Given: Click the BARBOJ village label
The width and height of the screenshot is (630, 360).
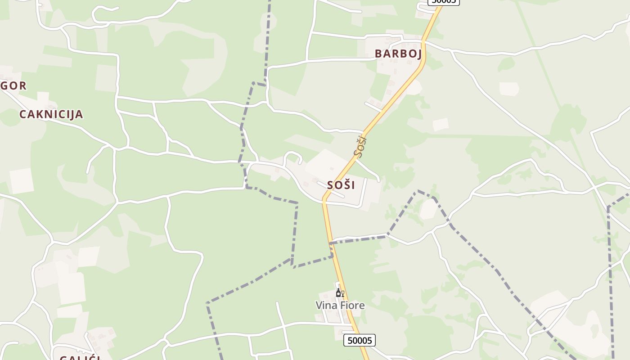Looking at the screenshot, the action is tap(398, 54).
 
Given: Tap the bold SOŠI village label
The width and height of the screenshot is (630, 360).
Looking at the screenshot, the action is tap(341, 185).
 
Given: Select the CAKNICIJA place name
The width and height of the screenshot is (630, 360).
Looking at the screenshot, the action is tap(51, 114).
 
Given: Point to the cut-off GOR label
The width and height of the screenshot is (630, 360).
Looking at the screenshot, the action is tap(13, 85).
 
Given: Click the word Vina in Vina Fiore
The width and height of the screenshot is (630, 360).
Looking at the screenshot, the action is tap(325, 306).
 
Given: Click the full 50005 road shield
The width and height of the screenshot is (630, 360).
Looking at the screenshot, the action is tap(360, 340).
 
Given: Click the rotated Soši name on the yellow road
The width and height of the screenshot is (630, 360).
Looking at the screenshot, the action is tap(360, 145).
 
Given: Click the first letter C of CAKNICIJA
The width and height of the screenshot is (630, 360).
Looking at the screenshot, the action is tap(22, 114).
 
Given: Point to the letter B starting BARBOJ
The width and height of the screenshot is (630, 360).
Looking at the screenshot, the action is tap(378, 54).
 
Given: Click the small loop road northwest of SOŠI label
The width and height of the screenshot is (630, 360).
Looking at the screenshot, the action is tap(292, 156).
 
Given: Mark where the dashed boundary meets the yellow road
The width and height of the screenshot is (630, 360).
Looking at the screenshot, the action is tap(331, 243).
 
